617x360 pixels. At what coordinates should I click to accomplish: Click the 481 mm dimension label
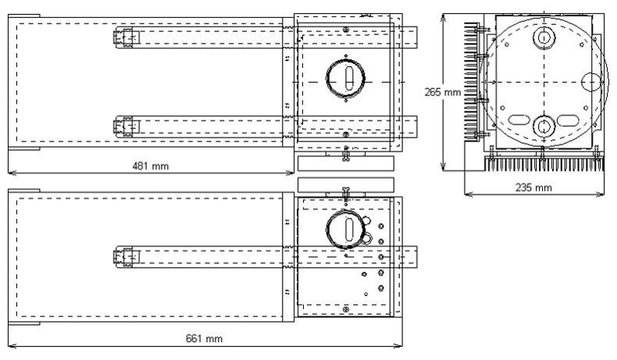pyautogui.click(x=151, y=166)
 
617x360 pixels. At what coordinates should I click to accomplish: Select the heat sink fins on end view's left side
pyautogui.click(x=472, y=81)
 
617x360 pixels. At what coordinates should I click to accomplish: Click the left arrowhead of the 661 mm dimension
pyautogui.click(x=11, y=344)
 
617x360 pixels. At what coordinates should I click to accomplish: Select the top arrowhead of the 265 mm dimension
pyautogui.click(x=444, y=16)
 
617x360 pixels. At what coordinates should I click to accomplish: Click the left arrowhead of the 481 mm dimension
pyautogui.click(x=11, y=170)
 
